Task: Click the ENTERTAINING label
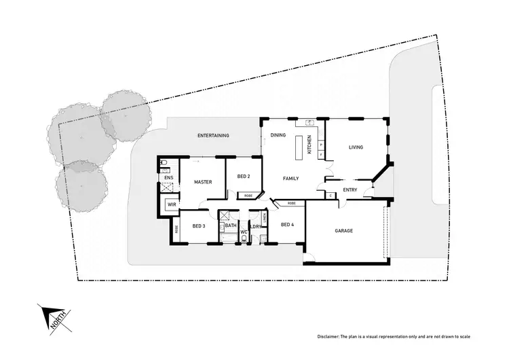(x=213, y=136)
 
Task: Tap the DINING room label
(x=278, y=135)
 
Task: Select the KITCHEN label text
(x=309, y=144)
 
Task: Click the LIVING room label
(x=356, y=147)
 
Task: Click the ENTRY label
(x=350, y=190)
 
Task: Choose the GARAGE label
(x=344, y=231)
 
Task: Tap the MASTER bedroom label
(x=203, y=182)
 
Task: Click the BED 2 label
(x=244, y=177)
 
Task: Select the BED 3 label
(x=198, y=226)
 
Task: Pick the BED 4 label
(x=286, y=224)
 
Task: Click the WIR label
(x=172, y=204)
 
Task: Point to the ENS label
(x=169, y=178)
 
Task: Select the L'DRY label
(x=256, y=226)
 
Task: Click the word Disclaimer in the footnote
(x=331, y=338)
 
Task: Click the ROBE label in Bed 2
(x=248, y=195)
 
